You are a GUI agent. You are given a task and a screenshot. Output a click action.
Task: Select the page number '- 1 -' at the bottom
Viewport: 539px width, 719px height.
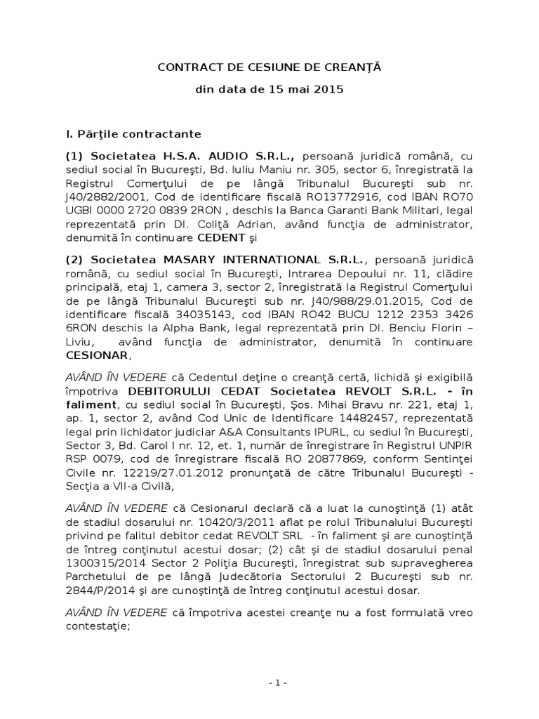pos(269,682)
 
